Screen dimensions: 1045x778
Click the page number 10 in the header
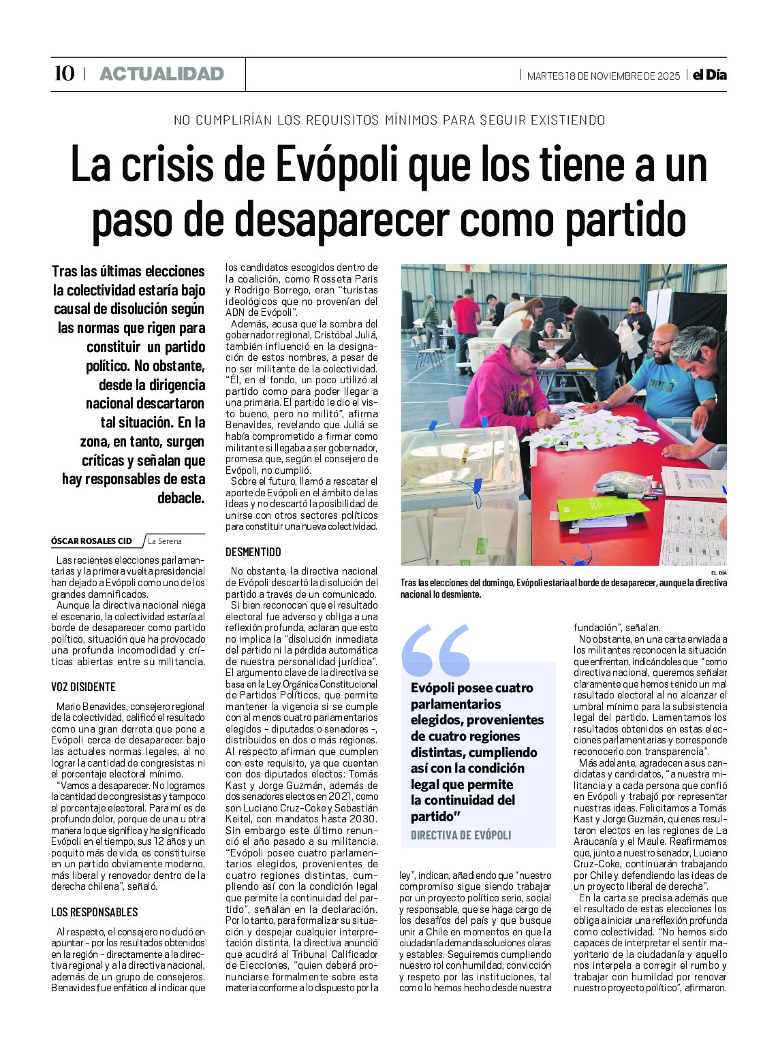point(64,74)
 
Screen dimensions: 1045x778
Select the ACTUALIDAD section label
point(161,74)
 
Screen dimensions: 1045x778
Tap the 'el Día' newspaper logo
point(709,75)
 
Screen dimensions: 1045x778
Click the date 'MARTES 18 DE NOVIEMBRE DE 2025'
point(604,76)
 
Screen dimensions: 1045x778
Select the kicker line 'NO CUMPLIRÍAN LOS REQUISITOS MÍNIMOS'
point(389,120)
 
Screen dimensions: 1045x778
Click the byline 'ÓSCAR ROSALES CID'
point(92,541)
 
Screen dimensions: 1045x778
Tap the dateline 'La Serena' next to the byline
point(165,541)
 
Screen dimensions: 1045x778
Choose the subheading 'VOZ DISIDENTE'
point(84,687)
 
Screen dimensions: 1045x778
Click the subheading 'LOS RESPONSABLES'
point(95,912)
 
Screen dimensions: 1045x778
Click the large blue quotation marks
point(436,651)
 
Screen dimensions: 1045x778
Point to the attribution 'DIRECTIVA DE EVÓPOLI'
point(461,835)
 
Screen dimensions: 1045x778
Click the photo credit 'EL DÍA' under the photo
point(718,573)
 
